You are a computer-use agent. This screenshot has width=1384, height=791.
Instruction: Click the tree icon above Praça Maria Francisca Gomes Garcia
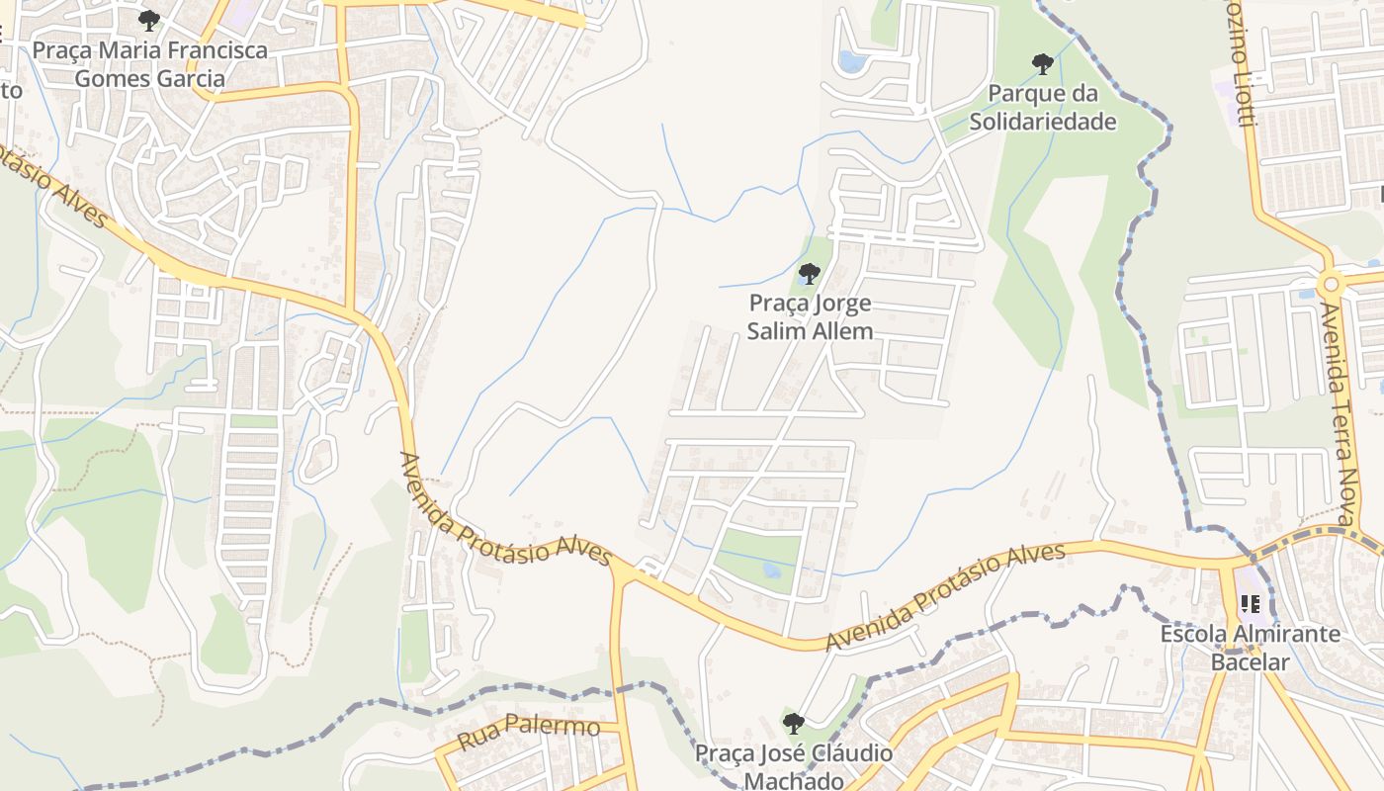click(x=149, y=20)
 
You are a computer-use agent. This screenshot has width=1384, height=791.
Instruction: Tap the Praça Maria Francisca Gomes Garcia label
click(x=149, y=64)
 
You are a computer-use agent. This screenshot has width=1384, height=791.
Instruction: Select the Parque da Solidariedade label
click(x=1043, y=108)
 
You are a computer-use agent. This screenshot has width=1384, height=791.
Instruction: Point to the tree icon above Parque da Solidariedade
click(x=1042, y=65)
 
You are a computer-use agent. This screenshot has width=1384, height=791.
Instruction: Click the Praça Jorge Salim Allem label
click(x=810, y=316)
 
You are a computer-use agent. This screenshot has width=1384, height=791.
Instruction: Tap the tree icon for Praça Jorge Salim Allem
click(x=810, y=274)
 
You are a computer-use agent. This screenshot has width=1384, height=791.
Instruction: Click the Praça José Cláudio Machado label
click(x=794, y=767)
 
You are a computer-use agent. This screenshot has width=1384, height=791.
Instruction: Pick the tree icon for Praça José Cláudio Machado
click(x=793, y=724)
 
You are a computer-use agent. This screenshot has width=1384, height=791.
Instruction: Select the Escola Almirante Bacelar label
click(x=1250, y=648)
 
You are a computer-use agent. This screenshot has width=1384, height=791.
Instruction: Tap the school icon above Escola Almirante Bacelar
click(x=1250, y=603)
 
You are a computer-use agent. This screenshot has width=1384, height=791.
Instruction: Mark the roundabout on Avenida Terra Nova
click(x=1331, y=285)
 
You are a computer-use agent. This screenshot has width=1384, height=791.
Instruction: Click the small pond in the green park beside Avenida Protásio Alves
click(x=771, y=571)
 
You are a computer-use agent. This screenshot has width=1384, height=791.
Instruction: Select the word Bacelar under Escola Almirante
click(x=1250, y=661)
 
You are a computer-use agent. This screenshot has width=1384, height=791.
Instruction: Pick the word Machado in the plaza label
click(x=794, y=781)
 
